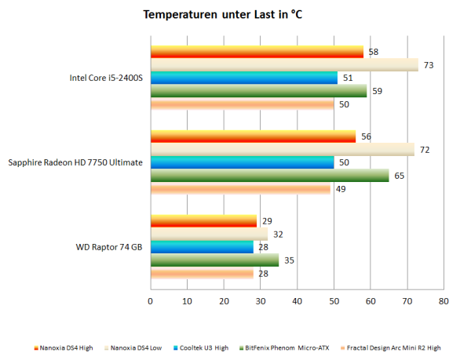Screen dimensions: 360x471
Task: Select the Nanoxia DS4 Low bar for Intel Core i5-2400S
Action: [x=283, y=65]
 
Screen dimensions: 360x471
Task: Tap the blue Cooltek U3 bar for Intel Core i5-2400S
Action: [x=243, y=78]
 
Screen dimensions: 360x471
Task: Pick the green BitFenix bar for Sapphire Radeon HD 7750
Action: [x=269, y=176]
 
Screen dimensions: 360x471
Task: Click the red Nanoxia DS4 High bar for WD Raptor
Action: [x=203, y=222]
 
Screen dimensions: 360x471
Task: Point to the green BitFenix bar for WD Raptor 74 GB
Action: [x=214, y=260]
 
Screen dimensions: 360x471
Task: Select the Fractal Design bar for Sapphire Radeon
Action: [x=239, y=188]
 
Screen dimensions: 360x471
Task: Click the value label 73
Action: [x=428, y=65]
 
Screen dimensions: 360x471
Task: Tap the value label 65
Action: [x=399, y=176]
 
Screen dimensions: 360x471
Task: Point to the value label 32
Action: [x=278, y=235]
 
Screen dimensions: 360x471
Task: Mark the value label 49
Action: [x=340, y=188]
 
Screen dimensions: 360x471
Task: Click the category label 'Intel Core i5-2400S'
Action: [x=106, y=78]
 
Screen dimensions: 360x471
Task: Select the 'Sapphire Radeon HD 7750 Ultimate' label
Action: [x=75, y=163]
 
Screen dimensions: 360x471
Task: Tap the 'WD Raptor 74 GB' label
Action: [x=109, y=248]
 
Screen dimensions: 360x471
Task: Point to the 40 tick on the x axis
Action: [x=297, y=300]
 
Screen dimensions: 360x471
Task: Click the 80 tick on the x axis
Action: [x=444, y=300]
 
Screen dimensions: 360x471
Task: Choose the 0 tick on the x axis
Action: [x=150, y=300]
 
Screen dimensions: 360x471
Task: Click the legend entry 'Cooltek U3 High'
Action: [x=203, y=347]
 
